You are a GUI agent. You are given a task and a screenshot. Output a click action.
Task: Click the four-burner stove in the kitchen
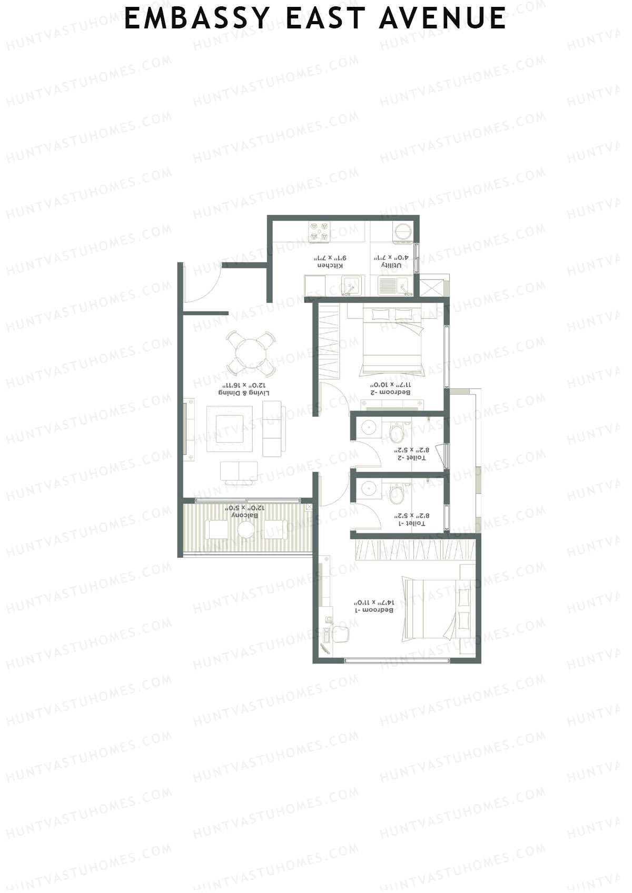[x=320, y=232]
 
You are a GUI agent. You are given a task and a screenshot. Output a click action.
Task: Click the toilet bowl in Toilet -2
[x=396, y=434]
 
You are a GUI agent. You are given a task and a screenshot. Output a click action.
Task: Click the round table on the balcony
[x=246, y=529]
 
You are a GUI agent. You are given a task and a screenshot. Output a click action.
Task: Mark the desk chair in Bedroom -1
[x=340, y=634]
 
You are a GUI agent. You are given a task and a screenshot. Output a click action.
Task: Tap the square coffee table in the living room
[x=230, y=429]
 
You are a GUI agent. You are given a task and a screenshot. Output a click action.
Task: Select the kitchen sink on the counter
[x=350, y=287]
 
